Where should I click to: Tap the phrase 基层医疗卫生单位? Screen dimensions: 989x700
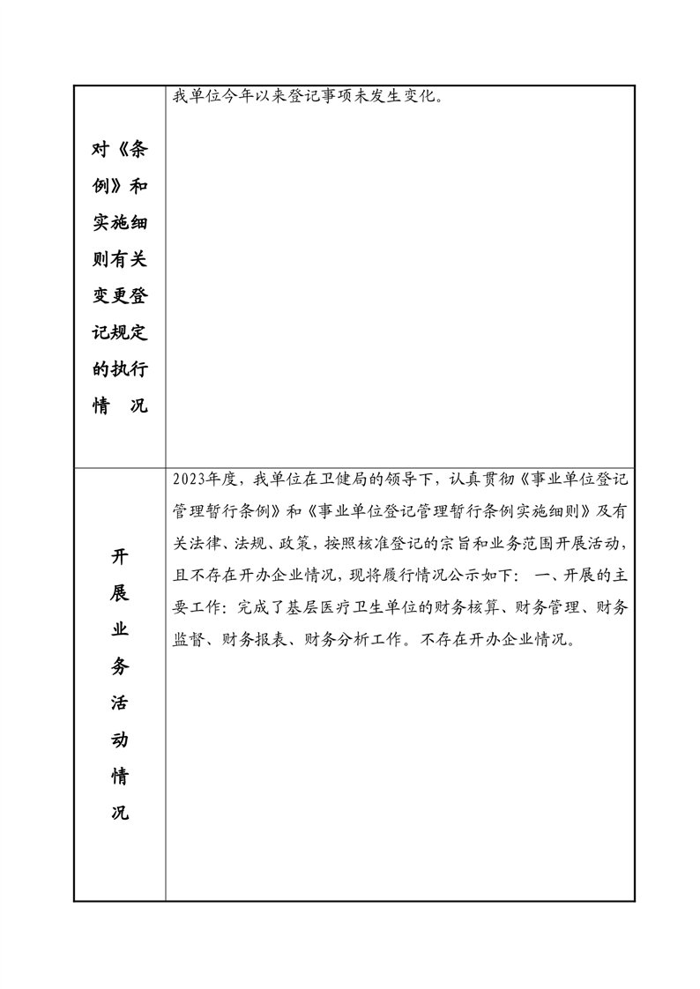(x=339, y=607)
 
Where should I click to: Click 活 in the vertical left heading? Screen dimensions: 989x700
(x=120, y=703)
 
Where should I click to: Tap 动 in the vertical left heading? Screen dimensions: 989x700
(x=120, y=739)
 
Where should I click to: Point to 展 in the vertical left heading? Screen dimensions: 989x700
(x=120, y=592)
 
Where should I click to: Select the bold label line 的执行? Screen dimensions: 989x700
(x=120, y=369)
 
